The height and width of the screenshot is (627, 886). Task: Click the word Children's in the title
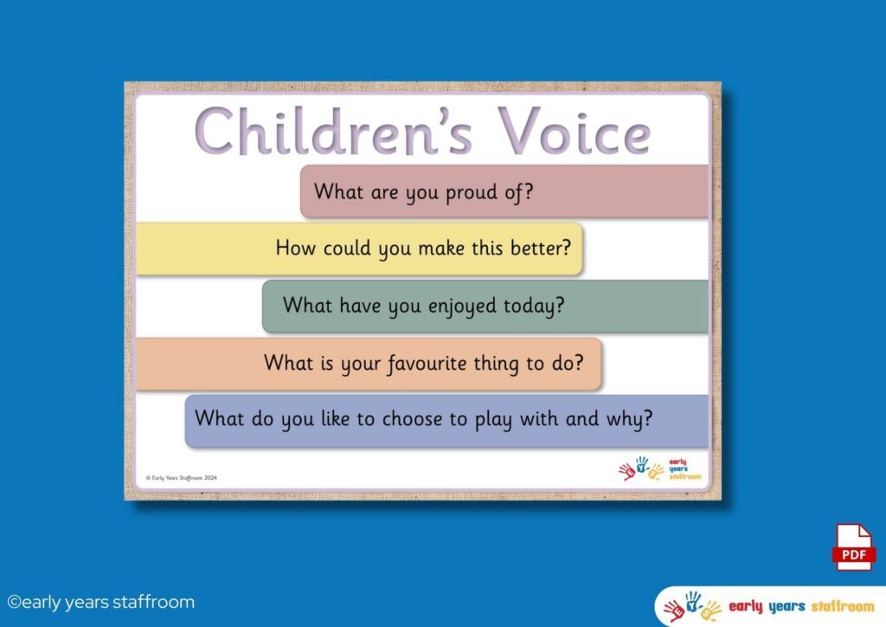point(333,131)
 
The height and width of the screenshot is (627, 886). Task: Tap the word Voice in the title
point(575,131)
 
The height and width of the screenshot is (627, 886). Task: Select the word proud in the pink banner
point(472,192)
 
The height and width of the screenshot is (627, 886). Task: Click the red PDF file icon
point(854,547)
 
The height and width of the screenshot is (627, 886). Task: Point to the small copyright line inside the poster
point(182,478)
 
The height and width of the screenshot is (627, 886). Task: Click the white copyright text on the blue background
point(100,602)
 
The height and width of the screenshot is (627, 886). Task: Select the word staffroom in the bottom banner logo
point(843,606)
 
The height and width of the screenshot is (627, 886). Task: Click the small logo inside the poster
point(659,469)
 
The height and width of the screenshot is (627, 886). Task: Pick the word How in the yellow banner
point(295,248)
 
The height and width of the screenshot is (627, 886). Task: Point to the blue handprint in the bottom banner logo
point(693,602)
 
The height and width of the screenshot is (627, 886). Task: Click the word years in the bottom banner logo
point(786,607)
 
